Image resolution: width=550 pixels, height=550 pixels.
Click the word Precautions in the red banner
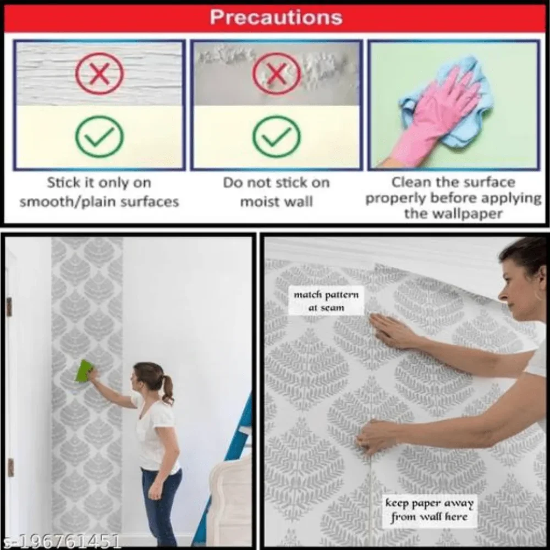point(276,17)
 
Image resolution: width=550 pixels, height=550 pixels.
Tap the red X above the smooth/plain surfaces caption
point(100,74)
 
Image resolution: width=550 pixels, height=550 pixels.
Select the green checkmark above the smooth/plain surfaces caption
point(100,136)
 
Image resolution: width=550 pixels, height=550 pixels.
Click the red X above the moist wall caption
point(277,74)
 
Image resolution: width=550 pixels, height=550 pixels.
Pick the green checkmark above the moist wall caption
point(277,136)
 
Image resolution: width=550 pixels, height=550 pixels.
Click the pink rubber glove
point(435,119)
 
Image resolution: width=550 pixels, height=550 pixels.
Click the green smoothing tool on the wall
point(85,371)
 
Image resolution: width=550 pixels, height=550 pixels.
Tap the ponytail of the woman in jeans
point(168,389)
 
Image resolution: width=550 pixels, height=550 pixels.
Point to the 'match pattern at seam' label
point(326,301)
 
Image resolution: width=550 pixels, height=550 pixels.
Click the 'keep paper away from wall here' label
point(430,510)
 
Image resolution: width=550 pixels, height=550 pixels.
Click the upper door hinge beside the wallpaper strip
point(9,307)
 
